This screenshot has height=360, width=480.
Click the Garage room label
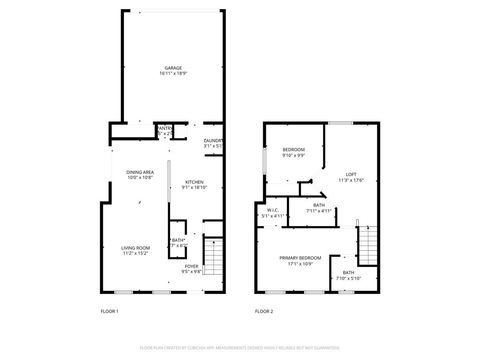click(173, 68)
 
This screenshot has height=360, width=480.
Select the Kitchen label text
click(194, 182)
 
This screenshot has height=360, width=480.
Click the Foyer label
click(191, 266)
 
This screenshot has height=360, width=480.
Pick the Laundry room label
click(212, 141)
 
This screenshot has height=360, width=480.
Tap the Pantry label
click(164, 128)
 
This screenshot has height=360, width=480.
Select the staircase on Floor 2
click(367, 241)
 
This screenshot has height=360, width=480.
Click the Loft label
click(351, 174)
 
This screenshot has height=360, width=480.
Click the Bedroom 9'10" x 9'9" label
click(293, 151)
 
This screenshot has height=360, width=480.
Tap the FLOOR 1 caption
click(109, 311)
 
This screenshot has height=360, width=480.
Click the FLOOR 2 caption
click(263, 311)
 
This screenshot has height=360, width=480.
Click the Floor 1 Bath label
click(178, 241)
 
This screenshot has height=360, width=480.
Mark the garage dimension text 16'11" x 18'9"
click(173, 73)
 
